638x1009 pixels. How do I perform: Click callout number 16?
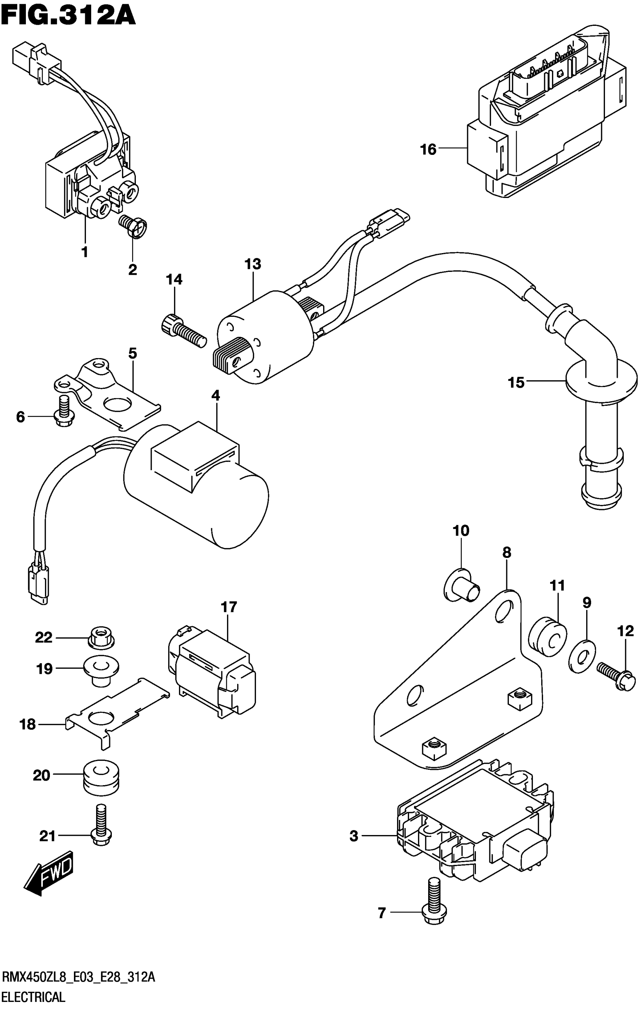[x=428, y=149]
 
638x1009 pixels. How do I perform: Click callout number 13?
[x=253, y=264]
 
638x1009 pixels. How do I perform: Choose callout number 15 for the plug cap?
[x=516, y=382]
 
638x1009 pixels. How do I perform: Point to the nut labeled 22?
[x=101, y=638]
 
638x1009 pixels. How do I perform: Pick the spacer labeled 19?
[x=101, y=669]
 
